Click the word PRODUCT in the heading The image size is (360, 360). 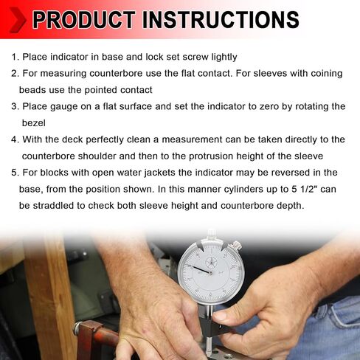coord(83,19)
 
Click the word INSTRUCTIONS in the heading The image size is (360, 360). coord(221,19)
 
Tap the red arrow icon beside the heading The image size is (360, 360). coord(17,20)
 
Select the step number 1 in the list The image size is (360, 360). coord(15,57)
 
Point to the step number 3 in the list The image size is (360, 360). coord(15,107)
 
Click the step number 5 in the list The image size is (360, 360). coord(15,173)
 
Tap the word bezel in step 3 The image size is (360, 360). coord(34,123)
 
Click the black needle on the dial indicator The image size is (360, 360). coord(199,269)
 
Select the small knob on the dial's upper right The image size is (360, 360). coord(236,244)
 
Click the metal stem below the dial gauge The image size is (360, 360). coord(209,345)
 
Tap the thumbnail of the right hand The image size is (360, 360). coord(221,315)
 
